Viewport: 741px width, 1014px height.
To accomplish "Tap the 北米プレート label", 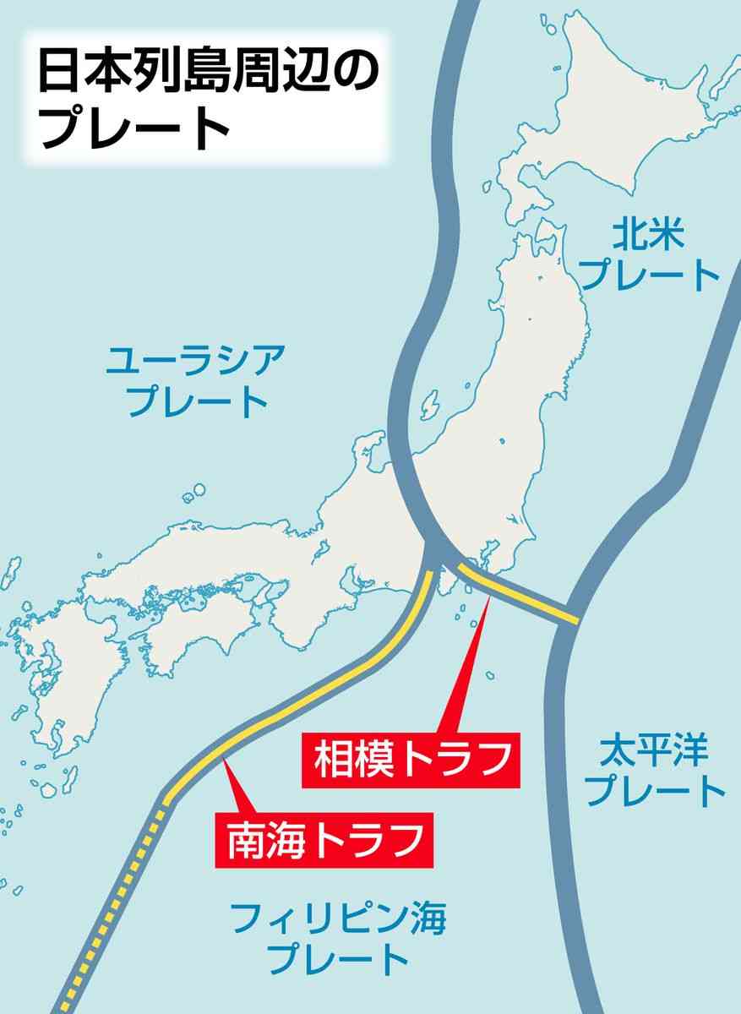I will click(651, 253).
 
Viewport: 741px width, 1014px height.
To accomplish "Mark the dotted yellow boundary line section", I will click(110, 904).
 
